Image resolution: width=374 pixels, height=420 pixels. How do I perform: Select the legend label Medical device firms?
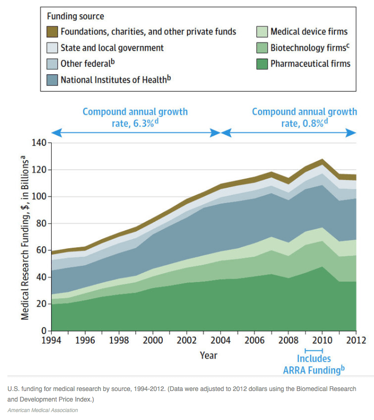coord(309,32)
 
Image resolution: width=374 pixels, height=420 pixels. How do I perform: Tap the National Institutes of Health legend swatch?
coord(51,80)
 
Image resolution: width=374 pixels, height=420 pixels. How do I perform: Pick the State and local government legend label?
coord(112,48)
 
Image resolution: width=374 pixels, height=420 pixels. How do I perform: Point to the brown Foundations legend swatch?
coord(51,32)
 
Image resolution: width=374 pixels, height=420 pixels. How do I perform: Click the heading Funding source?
coord(75,16)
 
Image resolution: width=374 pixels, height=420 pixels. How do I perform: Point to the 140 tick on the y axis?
coord(40,143)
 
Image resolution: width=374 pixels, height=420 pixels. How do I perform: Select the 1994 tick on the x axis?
coord(51,340)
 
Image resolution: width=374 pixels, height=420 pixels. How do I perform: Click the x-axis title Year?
coord(209,355)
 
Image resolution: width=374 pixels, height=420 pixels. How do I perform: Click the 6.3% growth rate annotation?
coord(135,117)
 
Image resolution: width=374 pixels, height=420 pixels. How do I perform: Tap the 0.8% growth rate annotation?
coord(304,117)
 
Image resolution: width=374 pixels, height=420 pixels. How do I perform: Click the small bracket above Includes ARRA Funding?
coord(313,350)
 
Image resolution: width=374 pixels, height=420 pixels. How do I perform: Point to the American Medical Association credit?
coord(43,410)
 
